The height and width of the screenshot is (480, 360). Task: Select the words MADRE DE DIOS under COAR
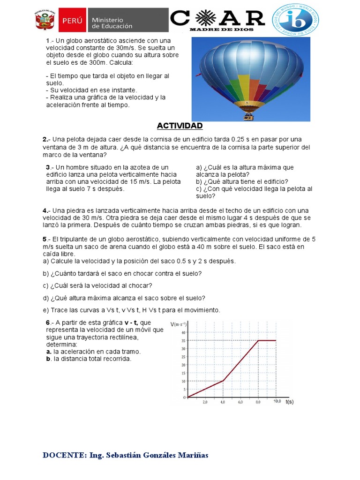click(x=217, y=30)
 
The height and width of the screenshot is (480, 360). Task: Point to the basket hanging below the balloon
click(x=247, y=116)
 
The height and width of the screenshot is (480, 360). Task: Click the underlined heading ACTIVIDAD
click(x=180, y=126)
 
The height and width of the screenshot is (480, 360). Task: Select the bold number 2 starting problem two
click(x=45, y=140)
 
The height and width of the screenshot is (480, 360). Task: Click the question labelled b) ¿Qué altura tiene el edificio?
click(x=242, y=181)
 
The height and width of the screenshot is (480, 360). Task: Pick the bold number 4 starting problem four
click(x=45, y=210)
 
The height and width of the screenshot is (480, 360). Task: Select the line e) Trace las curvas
click(x=131, y=310)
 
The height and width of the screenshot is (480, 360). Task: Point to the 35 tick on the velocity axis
click(x=183, y=340)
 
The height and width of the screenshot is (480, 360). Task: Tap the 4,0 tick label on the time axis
click(x=223, y=402)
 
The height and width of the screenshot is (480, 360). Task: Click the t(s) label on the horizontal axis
click(x=289, y=402)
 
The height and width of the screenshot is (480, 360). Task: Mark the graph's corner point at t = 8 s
click(x=258, y=340)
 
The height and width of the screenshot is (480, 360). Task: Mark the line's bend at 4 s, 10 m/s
click(x=223, y=381)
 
